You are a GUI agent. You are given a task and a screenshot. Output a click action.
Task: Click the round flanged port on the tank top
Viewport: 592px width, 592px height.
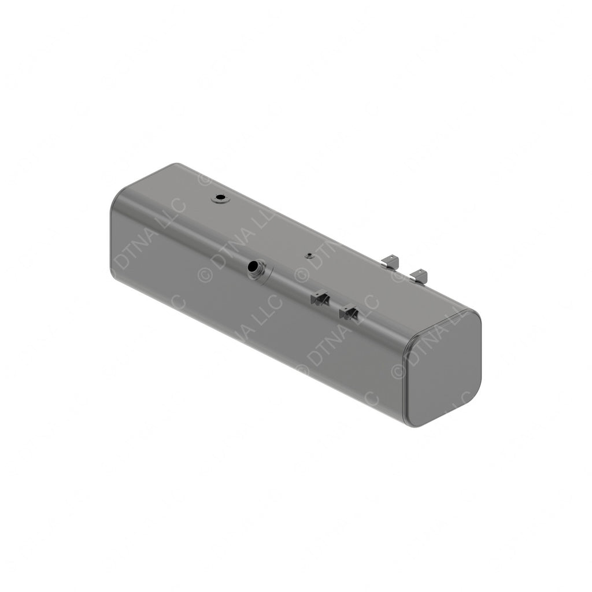[220, 198]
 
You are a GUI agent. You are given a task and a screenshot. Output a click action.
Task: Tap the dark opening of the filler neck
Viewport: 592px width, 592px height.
[254, 267]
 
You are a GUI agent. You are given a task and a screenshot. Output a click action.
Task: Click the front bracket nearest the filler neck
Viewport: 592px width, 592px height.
[319, 298]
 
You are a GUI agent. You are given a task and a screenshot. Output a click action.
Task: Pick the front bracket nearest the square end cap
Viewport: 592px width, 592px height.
[350, 313]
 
